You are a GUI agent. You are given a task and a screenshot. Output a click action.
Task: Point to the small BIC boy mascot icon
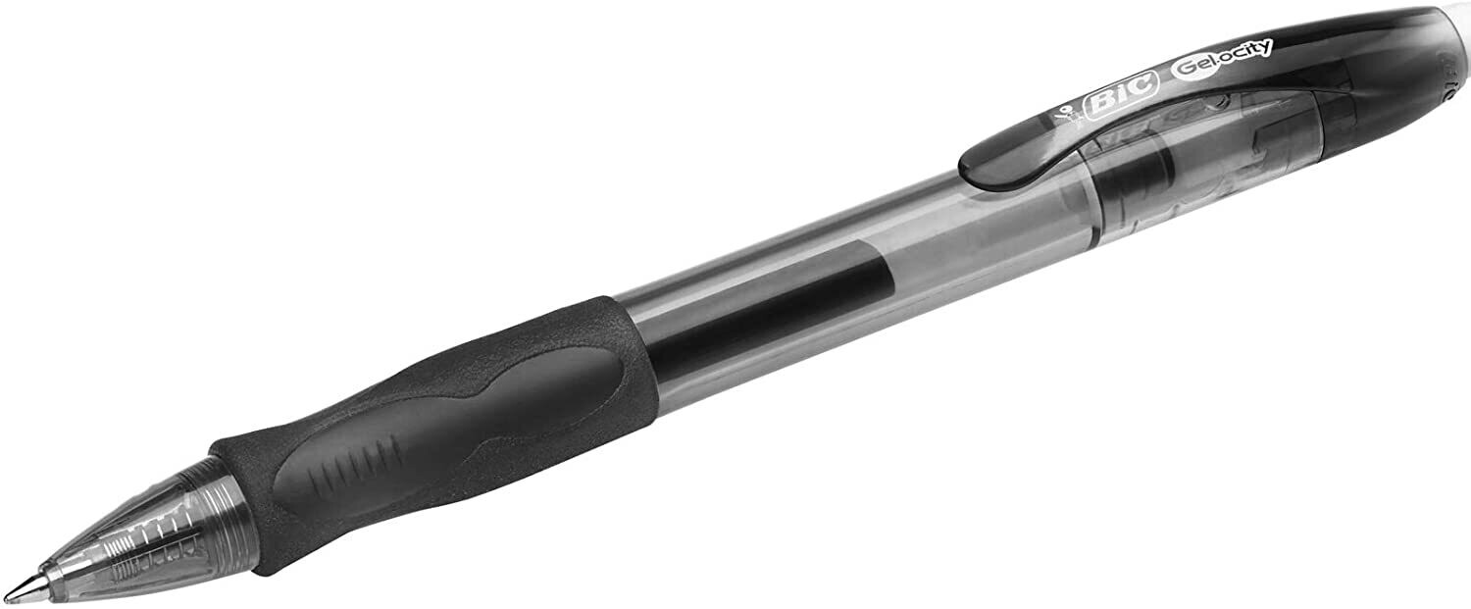(1062, 117)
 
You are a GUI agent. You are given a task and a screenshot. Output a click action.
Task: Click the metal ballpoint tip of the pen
(27, 586)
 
